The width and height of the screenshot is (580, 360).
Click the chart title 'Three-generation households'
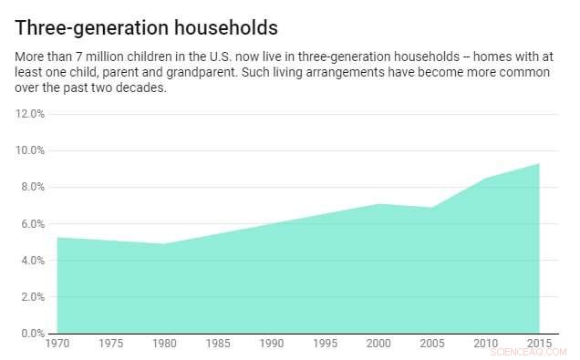point(147,27)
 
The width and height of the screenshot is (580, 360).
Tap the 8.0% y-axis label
point(32,187)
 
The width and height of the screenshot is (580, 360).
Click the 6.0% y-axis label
point(32,223)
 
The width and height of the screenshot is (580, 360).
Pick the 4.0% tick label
point(32,260)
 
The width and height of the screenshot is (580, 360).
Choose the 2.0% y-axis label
point(32,296)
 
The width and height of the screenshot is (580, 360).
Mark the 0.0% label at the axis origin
point(32,333)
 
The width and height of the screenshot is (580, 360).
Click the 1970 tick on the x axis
point(57,344)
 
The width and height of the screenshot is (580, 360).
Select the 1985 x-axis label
point(218,344)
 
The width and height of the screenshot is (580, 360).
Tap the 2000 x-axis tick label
point(378,344)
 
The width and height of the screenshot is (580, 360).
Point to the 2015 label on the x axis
point(539,344)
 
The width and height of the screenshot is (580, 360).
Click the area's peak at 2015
point(539,164)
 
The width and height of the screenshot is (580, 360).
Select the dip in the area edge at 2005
point(432,208)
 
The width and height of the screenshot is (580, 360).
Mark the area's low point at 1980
point(164,243)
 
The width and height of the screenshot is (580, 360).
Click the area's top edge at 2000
point(378,204)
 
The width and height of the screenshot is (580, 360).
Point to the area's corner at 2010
point(486,179)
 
